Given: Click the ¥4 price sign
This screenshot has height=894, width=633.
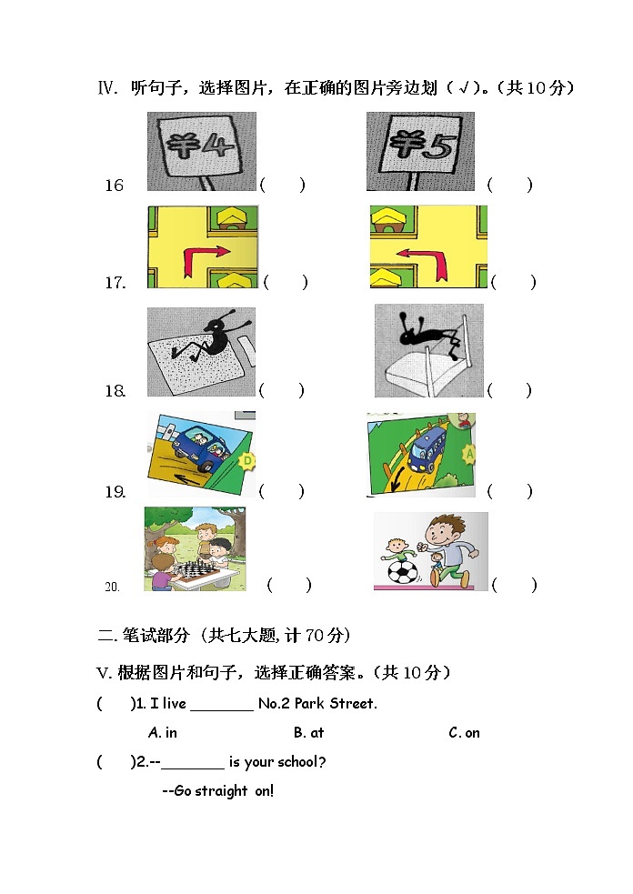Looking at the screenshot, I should click(x=202, y=146).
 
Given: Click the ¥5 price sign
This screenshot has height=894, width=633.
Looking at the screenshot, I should click(x=419, y=146).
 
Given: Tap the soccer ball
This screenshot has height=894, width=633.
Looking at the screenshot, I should click(x=401, y=571).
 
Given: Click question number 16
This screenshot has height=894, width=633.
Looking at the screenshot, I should click(x=114, y=186).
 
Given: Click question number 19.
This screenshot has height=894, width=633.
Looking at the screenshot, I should click(x=115, y=492).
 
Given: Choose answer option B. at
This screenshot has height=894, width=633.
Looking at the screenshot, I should click(x=308, y=733).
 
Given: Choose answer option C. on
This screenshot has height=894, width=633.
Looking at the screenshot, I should click(x=464, y=733).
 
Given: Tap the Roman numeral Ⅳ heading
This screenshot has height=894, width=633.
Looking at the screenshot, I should click(x=108, y=88).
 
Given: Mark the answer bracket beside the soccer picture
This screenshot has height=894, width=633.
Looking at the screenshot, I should click(x=514, y=586).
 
